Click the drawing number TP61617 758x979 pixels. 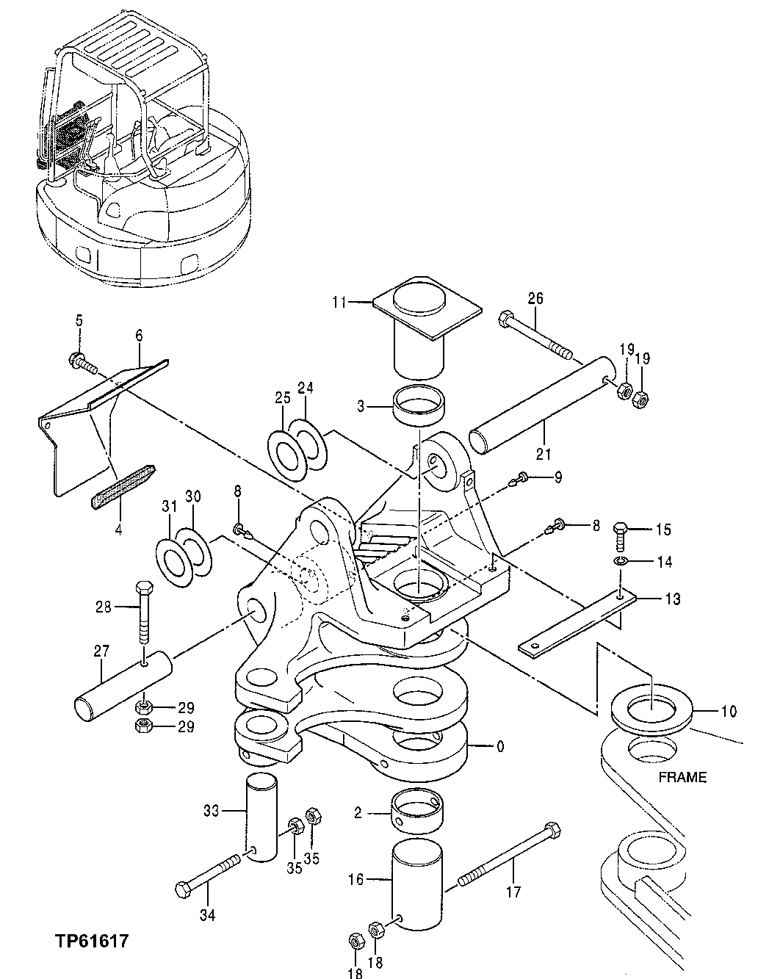click(x=91, y=940)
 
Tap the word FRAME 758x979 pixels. click(x=682, y=776)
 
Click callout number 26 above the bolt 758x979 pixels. click(x=535, y=298)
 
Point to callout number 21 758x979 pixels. click(x=543, y=455)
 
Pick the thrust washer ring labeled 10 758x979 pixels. click(x=651, y=710)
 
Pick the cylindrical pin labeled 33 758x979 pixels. click(x=261, y=815)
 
